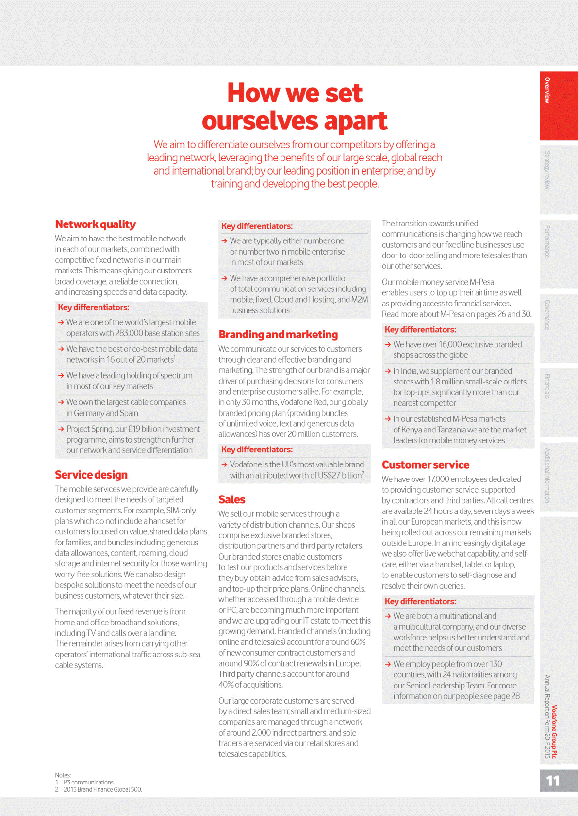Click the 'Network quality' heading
coord(95,224)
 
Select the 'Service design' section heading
coord(91,475)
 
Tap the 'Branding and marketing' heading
coord(278,335)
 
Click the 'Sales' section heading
coord(232,499)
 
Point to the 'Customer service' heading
coord(426,465)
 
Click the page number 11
coord(553,781)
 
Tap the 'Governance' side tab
coord(547,315)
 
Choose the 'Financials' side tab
coord(547,386)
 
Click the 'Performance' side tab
coord(547,241)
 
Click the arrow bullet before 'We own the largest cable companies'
coord(61,402)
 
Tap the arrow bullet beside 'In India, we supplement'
coord(388,371)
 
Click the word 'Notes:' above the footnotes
coord(63,775)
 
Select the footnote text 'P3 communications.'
coord(89,783)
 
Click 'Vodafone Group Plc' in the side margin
coord(554,732)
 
